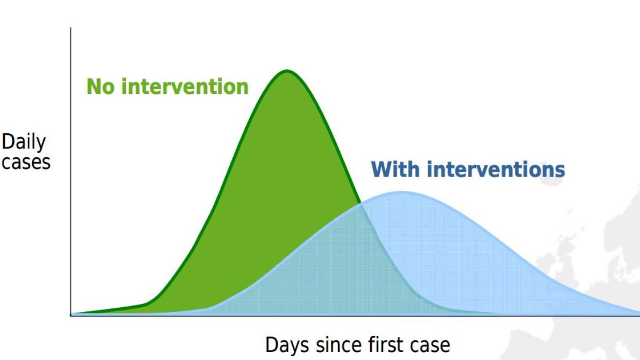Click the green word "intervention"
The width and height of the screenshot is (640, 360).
185,86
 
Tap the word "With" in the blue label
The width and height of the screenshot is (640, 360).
395,169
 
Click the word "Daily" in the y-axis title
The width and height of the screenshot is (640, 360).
23,142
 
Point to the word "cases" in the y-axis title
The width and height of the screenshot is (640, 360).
26,162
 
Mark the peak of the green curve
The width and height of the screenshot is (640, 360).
287,70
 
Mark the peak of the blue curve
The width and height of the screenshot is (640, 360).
402,192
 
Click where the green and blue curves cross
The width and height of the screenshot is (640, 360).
361,204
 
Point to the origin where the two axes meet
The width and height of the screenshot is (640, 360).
70,315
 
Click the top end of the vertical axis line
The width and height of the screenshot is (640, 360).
70,28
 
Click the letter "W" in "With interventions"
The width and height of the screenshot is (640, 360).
381,170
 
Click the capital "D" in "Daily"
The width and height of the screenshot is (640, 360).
8,141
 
